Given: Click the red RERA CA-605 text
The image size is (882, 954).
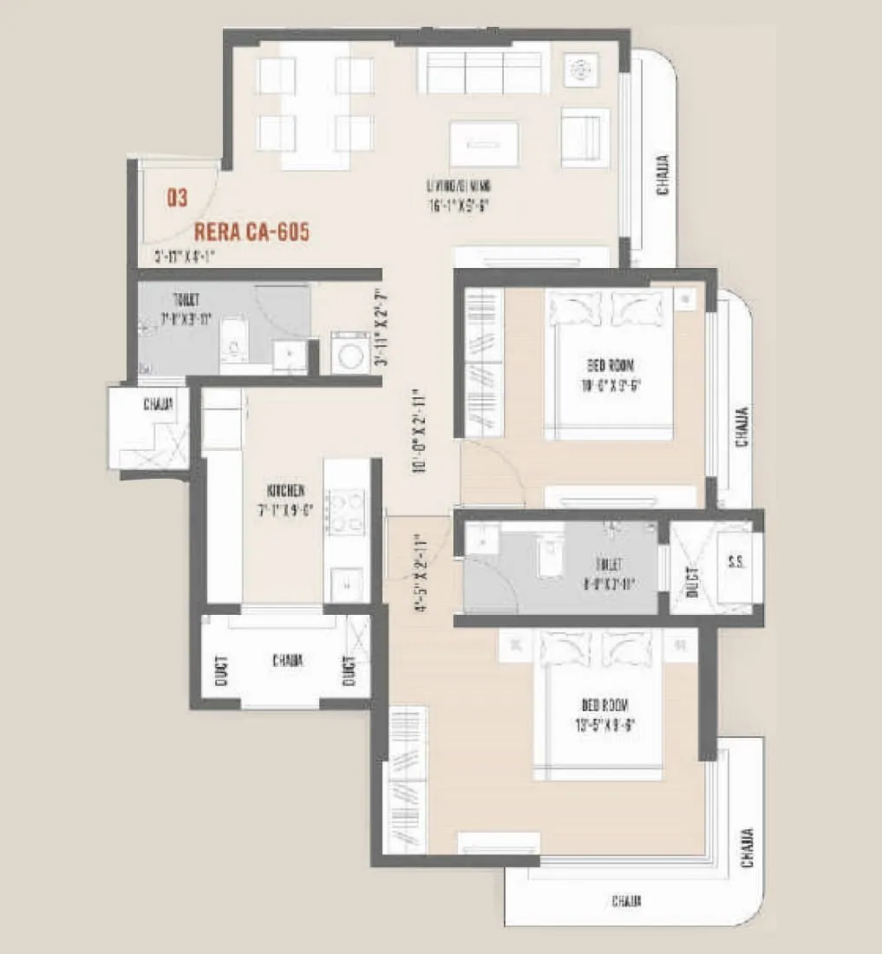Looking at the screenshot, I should click(252, 232).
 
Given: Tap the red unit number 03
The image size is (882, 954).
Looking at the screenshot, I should click(177, 199).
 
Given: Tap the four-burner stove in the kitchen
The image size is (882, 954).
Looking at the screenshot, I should click(345, 512).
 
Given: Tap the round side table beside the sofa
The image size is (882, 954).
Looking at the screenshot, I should click(579, 70).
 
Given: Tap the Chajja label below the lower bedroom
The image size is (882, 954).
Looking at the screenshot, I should click(626, 901).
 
